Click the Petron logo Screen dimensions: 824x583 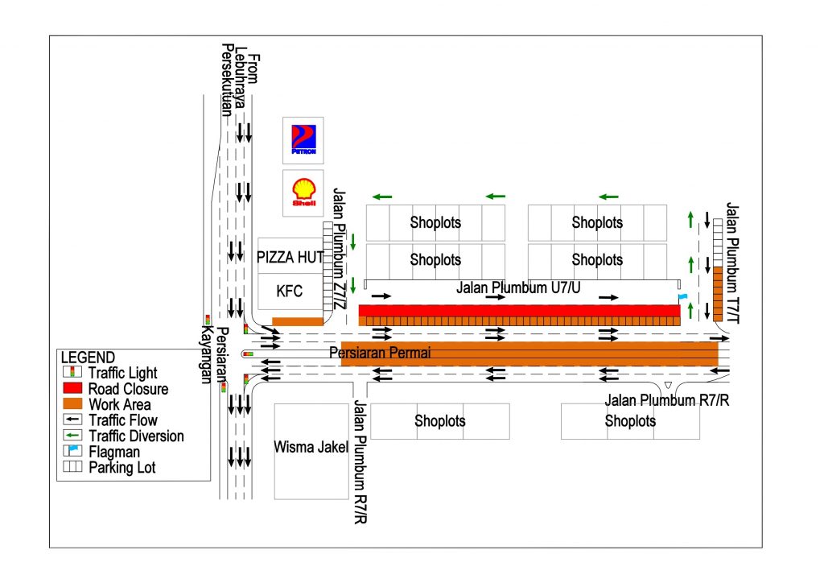(x=303, y=139)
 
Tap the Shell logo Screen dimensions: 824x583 (x=303, y=192)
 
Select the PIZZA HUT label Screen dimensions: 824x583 (x=290, y=257)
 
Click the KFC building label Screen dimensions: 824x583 (x=290, y=291)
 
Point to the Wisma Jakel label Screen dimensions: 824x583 (x=311, y=448)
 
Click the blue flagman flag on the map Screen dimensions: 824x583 (x=682, y=297)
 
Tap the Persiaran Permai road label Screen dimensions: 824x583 (x=380, y=352)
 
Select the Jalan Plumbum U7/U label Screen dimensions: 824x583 (x=518, y=287)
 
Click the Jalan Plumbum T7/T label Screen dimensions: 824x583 (x=732, y=263)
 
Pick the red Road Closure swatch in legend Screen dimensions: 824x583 (x=72, y=388)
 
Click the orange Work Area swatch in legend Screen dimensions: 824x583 (x=72, y=403)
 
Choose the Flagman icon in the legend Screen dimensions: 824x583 (x=72, y=450)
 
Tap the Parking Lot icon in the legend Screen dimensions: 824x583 (x=72, y=466)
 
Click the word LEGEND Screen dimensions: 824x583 (x=88, y=358)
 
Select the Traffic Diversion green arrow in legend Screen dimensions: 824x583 (x=72, y=436)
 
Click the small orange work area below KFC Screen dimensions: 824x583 (x=298, y=322)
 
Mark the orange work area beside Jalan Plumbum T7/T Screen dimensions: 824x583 (x=718, y=294)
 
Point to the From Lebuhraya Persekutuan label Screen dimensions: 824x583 (x=240, y=79)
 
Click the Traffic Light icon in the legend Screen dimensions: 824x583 (x=72, y=372)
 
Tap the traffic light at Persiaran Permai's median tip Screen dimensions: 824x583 (x=248, y=354)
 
